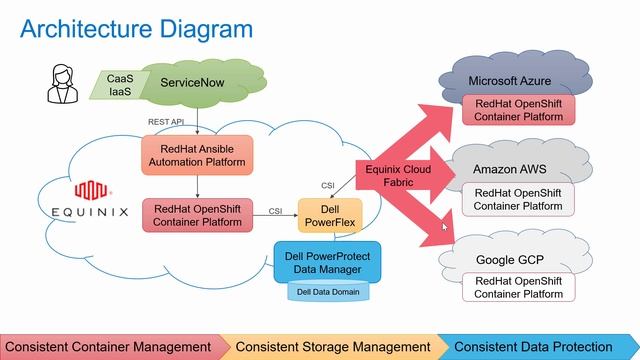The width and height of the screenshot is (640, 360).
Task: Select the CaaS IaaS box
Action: tap(121, 85)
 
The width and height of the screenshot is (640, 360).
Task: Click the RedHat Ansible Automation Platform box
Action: tap(197, 153)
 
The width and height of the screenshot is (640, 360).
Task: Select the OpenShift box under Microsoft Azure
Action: tap(518, 110)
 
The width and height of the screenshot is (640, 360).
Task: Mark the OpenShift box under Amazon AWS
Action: tap(518, 199)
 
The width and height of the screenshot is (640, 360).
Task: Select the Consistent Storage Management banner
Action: tap(332, 346)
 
